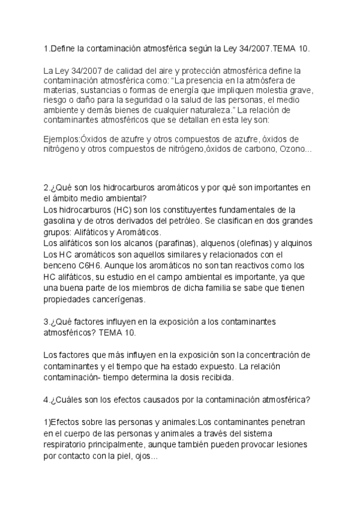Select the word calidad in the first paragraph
(111, 70)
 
